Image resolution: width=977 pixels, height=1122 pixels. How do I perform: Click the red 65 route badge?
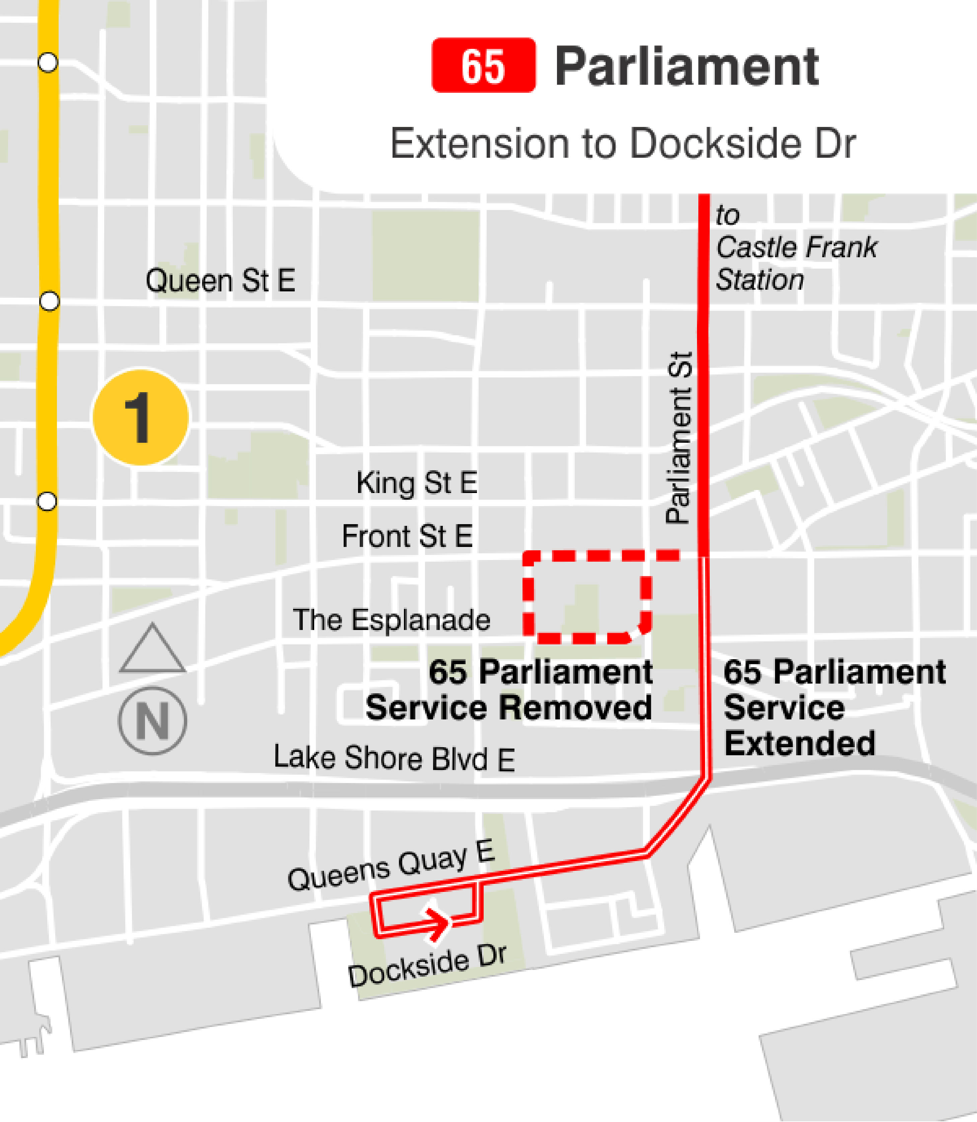[483, 65]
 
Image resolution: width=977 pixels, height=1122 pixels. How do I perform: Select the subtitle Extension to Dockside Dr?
[623, 143]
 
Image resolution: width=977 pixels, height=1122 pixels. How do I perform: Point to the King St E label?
[417, 483]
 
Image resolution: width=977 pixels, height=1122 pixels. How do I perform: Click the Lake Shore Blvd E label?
[394, 758]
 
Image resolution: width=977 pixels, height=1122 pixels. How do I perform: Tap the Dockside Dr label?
[427, 966]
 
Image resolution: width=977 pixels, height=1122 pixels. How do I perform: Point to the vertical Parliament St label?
[679, 438]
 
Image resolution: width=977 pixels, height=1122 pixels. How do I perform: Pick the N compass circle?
[153, 721]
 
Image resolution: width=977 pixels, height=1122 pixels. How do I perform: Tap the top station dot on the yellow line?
[48, 62]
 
